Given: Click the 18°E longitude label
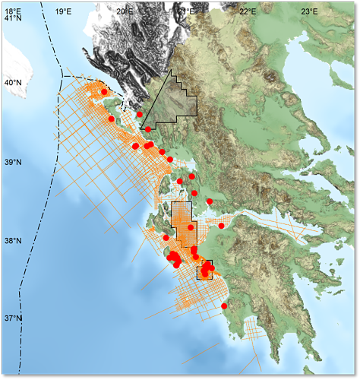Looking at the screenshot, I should pos(13,11).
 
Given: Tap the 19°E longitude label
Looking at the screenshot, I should pos(64,11).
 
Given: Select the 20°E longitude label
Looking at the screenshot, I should pos(125,11).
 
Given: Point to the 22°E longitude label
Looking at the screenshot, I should pos(248,11).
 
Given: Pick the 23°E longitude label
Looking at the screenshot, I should pos(308,11).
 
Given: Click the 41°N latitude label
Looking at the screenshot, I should pos(13,18).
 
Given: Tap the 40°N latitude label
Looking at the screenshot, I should pos(13,82).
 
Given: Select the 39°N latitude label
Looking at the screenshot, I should pos(13,162).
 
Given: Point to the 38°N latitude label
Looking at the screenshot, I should pos(13,241).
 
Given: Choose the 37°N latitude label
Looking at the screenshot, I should pos(13,318).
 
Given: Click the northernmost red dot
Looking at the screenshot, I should pos(104,92).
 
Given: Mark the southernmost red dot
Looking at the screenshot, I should pos(224,306).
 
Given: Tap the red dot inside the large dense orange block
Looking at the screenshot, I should pos(191,227).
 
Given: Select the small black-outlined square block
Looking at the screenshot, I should pos(204,270).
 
